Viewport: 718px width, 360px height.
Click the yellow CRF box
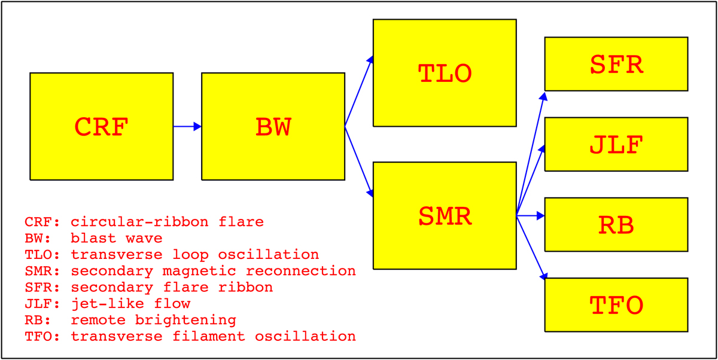pyautogui.click(x=102, y=127)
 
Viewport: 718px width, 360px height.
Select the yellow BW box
pyautogui.click(x=273, y=127)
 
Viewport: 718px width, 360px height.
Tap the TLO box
pyautogui.click(x=445, y=73)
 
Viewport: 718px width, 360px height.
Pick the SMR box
pyautogui.click(x=445, y=215)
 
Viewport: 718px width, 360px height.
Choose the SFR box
pyautogui.click(x=616, y=64)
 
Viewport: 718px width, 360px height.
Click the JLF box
pyautogui.click(x=616, y=145)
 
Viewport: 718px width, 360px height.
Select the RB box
pyautogui.click(x=616, y=224)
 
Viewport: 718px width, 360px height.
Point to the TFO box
pyautogui.click(x=616, y=305)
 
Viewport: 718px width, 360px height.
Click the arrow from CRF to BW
pyautogui.click(x=187, y=127)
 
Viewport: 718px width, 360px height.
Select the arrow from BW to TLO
pyautogui.click(x=359, y=91)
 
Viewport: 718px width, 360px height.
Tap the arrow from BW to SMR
pyautogui.click(x=359, y=161)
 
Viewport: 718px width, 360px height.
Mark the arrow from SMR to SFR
pyautogui.click(x=531, y=154)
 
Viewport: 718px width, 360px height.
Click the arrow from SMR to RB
pyautogui.click(x=531, y=215)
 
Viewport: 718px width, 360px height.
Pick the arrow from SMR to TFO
pyautogui.click(x=531, y=247)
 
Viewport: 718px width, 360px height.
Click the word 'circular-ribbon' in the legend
pyautogui.click(x=139, y=222)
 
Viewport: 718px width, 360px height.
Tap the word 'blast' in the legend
pyautogui.click(x=93, y=238)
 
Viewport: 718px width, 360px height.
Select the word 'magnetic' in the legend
pyautogui.click(x=199, y=271)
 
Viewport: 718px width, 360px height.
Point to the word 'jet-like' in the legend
pyautogui.click(x=107, y=304)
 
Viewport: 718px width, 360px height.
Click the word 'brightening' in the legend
pyautogui.click(x=185, y=320)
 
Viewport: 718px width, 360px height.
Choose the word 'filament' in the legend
pyautogui.click(x=209, y=336)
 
